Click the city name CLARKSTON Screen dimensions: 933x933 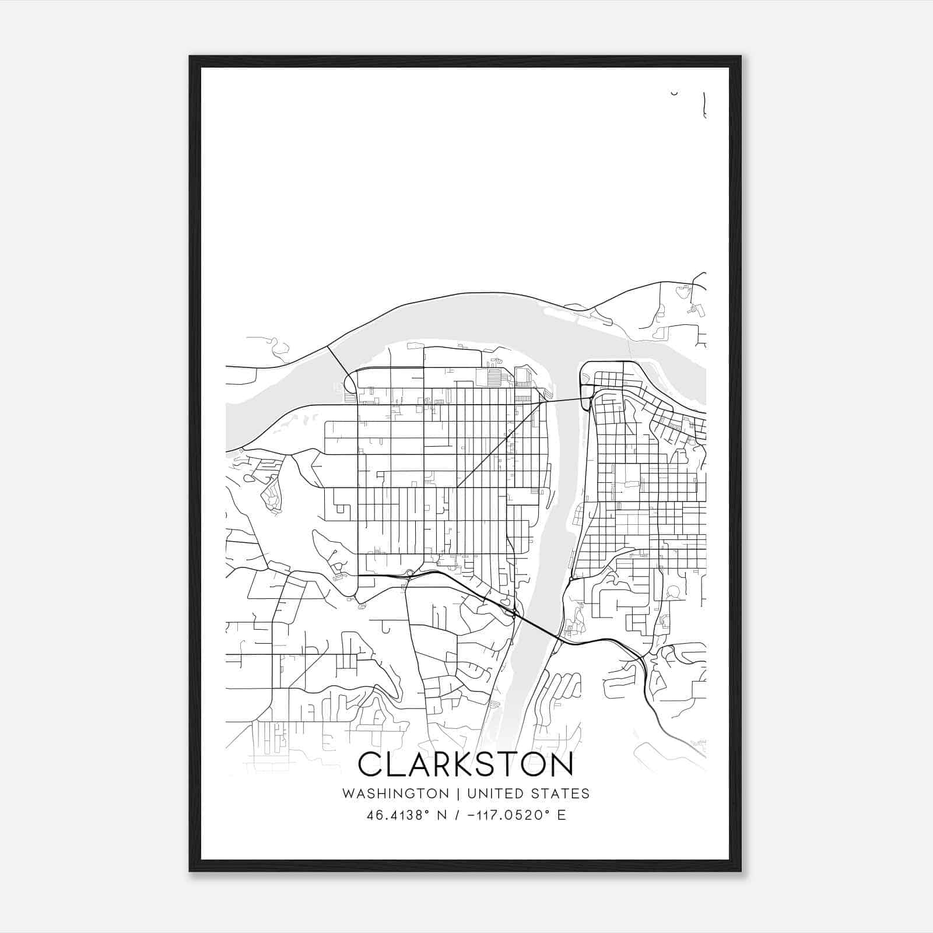pyautogui.click(x=465, y=764)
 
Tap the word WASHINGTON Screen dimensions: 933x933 pyautogui.click(x=395, y=794)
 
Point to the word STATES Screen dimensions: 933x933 pyautogui.click(x=561, y=794)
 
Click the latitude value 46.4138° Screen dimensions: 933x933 pyautogui.click(x=397, y=815)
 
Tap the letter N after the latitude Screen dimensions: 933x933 pyautogui.click(x=442, y=815)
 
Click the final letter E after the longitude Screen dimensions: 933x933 pyautogui.click(x=562, y=815)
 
